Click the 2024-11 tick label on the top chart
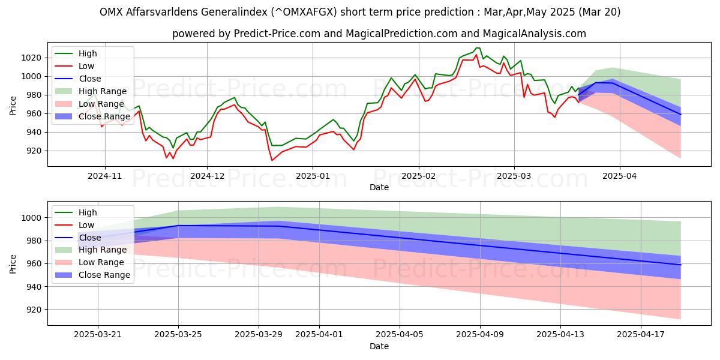[105, 175]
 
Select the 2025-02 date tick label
[418, 175]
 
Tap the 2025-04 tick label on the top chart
[619, 175]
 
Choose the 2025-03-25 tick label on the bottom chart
[178, 334]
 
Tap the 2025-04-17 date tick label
[640, 334]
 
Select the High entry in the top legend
[88, 53]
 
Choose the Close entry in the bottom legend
[90, 238]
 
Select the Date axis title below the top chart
[379, 187]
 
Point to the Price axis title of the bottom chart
[13, 264]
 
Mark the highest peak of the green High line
[478, 47]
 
